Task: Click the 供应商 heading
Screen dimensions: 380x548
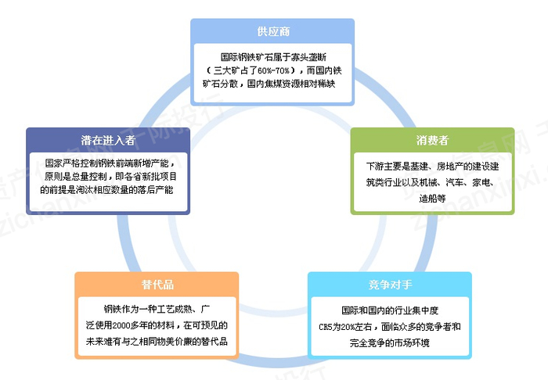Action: click(272, 31)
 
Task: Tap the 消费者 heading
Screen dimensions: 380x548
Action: click(432, 141)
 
